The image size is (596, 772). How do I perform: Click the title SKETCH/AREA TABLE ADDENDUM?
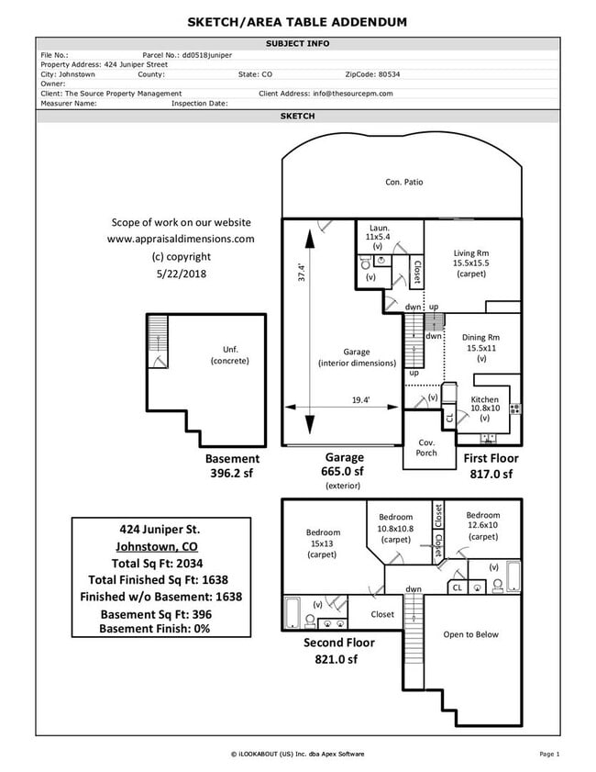click(x=297, y=21)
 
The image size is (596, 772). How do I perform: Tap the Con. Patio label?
click(x=403, y=183)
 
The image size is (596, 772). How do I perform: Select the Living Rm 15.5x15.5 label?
click(x=471, y=263)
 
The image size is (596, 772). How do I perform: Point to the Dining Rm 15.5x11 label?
click(x=481, y=348)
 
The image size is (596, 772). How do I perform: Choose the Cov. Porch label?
click(x=426, y=447)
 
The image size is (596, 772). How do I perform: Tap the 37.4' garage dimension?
click(x=300, y=274)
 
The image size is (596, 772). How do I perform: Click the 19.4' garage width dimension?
click(x=360, y=399)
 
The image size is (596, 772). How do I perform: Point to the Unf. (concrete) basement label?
click(x=229, y=354)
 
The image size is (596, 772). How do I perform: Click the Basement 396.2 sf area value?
click(x=232, y=474)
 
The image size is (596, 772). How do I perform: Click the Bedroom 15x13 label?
click(x=323, y=543)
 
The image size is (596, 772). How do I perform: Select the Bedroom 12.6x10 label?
click(x=482, y=526)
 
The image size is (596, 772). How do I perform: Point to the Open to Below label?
click(x=470, y=634)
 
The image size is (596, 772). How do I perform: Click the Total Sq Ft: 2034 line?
click(x=160, y=564)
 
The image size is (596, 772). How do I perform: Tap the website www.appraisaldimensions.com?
click(x=181, y=239)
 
